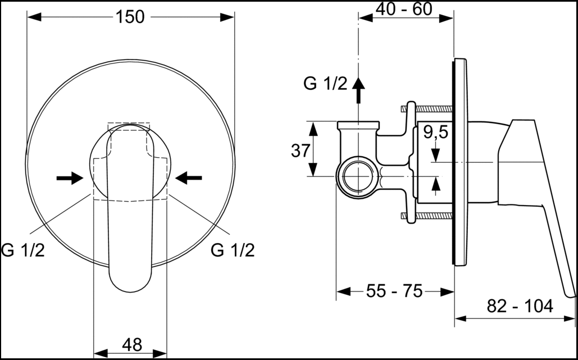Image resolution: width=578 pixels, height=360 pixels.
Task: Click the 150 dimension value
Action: coord(130,17)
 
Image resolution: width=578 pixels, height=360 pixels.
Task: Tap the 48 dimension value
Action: coord(131,345)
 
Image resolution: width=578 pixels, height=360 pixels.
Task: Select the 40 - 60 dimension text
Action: coord(404,9)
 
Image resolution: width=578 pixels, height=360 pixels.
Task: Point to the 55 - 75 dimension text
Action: coord(394,291)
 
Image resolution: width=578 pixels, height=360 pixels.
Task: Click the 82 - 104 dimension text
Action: coord(520,306)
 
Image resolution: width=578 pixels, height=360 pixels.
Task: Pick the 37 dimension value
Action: coord(301,151)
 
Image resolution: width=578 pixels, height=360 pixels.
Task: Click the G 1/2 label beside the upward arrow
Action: coord(325,84)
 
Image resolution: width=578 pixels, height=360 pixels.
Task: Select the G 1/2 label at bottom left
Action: coord(23,250)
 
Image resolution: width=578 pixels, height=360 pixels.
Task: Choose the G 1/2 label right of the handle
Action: coord(233,250)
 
